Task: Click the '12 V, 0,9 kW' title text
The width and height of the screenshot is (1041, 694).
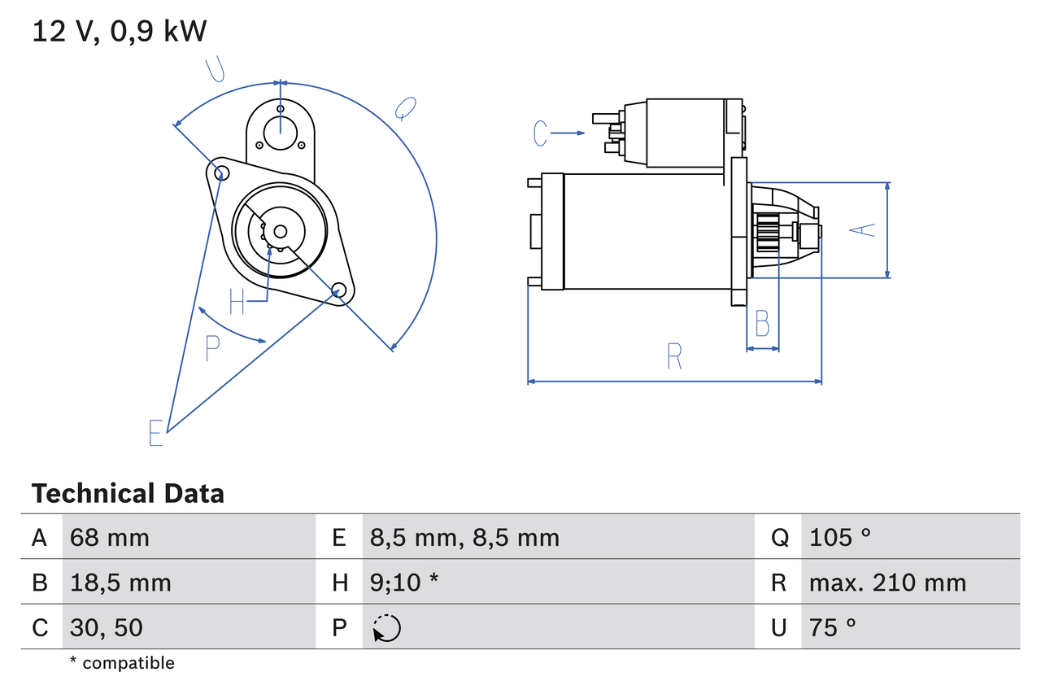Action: click(120, 32)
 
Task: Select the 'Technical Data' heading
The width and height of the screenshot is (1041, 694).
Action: click(128, 494)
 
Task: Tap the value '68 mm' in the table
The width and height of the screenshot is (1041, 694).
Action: click(110, 537)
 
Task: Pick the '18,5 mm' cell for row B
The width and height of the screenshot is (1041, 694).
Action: click(120, 583)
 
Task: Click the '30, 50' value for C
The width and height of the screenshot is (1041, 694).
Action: click(107, 627)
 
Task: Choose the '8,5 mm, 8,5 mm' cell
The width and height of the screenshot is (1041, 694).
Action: click(464, 537)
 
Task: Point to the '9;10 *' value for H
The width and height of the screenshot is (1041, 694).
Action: click(404, 583)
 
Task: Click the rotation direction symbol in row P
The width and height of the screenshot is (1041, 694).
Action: click(386, 628)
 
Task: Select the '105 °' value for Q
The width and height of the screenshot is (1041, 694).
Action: click(840, 537)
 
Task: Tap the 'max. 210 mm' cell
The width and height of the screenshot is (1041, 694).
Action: click(887, 583)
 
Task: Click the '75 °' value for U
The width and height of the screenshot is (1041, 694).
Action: click(833, 627)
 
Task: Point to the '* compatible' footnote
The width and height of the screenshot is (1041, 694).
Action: click(122, 663)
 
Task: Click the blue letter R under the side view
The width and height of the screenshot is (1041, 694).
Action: click(674, 356)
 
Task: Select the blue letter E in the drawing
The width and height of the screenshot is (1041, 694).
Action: click(156, 433)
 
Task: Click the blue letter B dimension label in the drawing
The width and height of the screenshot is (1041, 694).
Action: click(762, 324)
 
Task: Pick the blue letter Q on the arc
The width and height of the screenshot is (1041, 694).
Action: click(406, 108)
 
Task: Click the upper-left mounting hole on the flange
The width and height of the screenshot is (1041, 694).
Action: click(218, 171)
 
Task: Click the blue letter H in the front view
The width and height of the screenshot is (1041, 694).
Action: click(237, 301)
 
